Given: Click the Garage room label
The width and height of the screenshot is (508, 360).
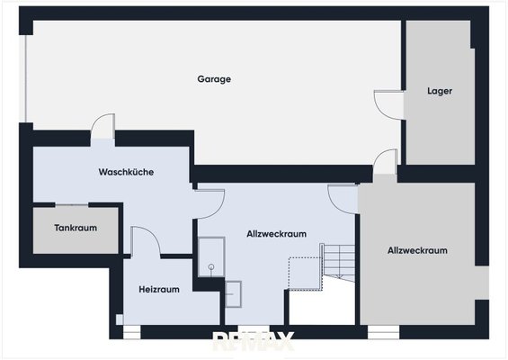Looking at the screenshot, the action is [214, 79].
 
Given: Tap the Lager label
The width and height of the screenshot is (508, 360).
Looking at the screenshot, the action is [440, 91].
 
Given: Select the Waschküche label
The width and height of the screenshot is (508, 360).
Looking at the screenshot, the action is [126, 172].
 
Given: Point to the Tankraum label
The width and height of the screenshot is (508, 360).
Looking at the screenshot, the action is [76, 228].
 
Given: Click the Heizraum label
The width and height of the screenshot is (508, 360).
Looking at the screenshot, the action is [159, 289].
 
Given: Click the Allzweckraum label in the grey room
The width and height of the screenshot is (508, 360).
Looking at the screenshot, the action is [417, 250].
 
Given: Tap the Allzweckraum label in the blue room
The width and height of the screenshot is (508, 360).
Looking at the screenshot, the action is [276, 234].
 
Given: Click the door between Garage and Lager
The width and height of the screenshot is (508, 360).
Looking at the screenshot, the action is [388, 105].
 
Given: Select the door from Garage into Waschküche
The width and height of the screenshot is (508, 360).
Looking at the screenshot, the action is [102, 126].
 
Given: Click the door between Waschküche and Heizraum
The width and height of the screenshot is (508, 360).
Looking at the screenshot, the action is [146, 240].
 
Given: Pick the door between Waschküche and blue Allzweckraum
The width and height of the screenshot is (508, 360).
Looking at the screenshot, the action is [209, 203].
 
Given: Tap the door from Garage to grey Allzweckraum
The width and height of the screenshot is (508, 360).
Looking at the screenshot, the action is [385, 162].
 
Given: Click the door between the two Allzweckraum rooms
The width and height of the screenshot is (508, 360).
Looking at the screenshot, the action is [343, 199].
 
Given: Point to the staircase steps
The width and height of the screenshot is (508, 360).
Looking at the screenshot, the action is [339, 263].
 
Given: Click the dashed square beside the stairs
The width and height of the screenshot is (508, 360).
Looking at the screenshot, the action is [305, 274].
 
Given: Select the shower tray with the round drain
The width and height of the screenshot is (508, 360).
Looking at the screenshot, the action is [211, 256].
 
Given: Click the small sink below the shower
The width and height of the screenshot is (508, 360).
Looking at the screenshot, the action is [233, 294].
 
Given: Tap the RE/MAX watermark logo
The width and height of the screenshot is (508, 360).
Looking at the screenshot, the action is [253, 341].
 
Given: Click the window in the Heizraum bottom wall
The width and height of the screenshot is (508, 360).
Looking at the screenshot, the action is [132, 332].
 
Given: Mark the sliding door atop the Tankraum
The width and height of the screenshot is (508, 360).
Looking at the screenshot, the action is [72, 205].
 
